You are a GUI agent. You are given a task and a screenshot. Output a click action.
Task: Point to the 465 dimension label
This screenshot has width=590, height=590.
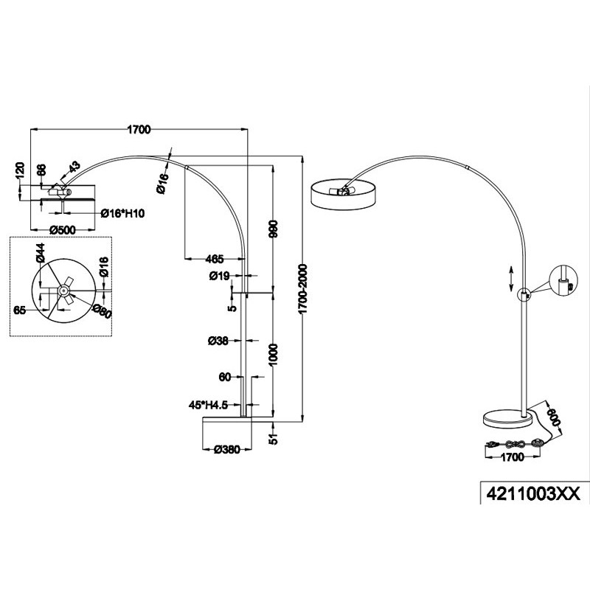pyautogui.click(x=215, y=259)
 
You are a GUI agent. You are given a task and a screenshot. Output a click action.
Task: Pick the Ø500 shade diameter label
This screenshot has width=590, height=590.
pyautogui.click(x=63, y=229)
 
